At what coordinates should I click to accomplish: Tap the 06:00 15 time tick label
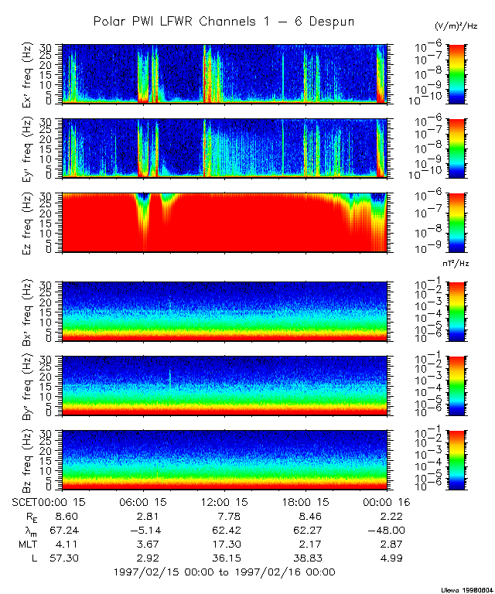tap(144, 503)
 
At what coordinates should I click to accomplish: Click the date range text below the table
tap(224, 572)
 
